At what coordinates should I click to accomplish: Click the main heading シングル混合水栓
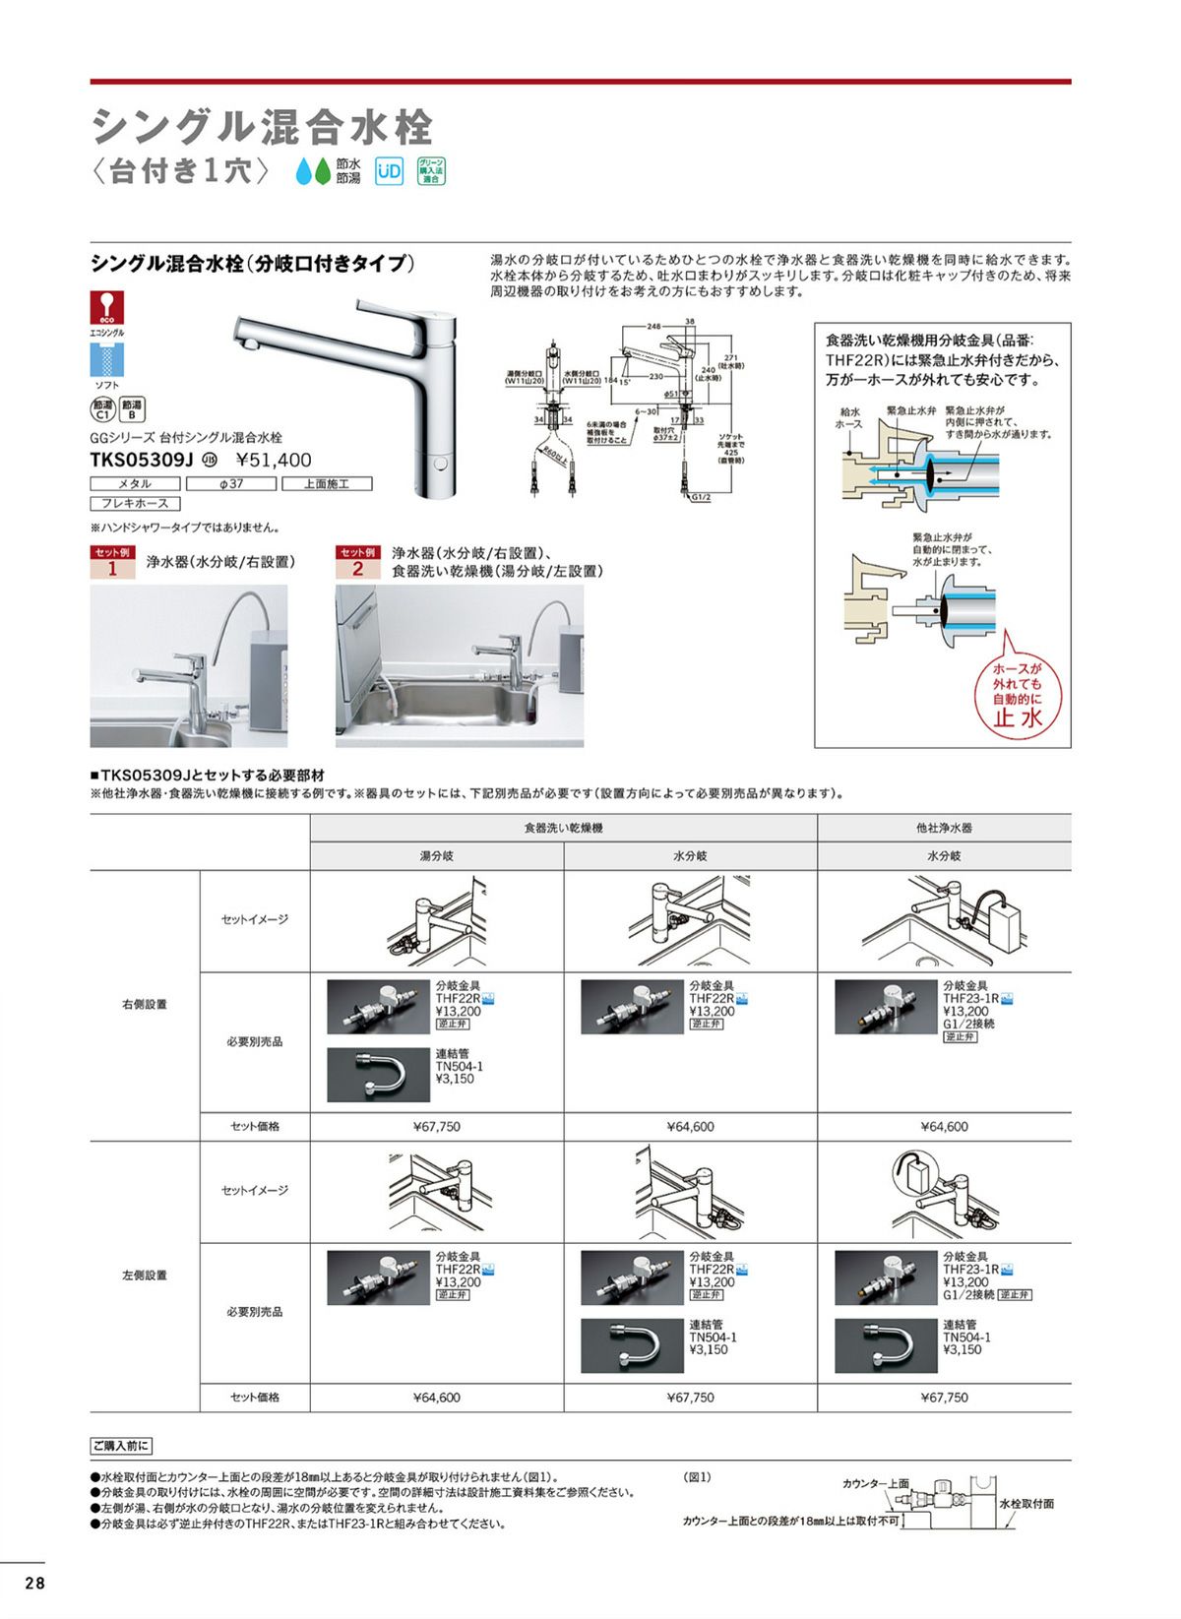click(x=262, y=127)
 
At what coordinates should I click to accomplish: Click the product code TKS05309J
click(x=143, y=460)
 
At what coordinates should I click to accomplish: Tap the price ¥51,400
click(x=275, y=460)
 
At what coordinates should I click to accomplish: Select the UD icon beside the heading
click(x=390, y=171)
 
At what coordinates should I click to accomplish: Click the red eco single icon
click(x=107, y=307)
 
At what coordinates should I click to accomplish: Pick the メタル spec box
click(x=135, y=484)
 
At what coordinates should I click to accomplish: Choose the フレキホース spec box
click(x=135, y=504)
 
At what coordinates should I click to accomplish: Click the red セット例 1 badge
click(x=112, y=562)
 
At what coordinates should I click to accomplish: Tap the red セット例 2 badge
click(x=357, y=562)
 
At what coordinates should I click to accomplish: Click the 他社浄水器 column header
click(x=944, y=829)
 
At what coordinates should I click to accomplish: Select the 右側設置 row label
click(x=145, y=1005)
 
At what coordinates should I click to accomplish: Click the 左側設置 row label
click(x=145, y=1276)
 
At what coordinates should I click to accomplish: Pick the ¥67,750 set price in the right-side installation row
click(x=436, y=1127)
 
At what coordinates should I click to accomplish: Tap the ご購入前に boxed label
click(x=121, y=1446)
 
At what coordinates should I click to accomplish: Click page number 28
click(x=34, y=1584)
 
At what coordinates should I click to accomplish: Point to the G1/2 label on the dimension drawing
click(x=700, y=497)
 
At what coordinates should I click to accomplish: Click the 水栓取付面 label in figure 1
click(x=1026, y=1504)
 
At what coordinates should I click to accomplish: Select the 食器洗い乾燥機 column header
click(x=563, y=829)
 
